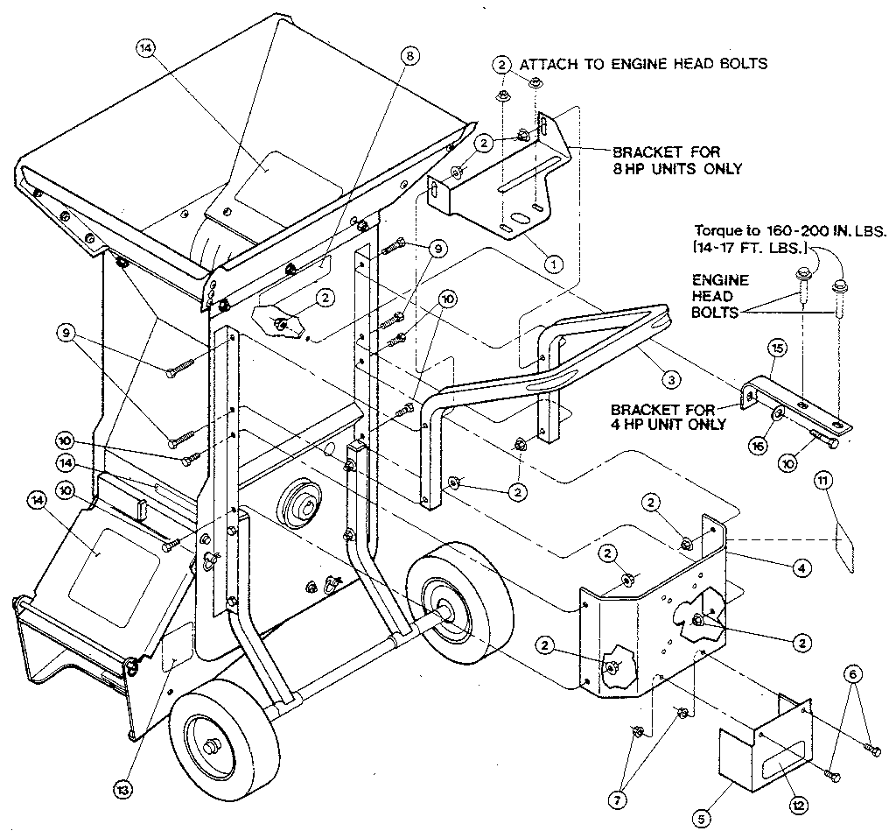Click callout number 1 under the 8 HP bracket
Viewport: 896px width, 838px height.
click(x=552, y=261)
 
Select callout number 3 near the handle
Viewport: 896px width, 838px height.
click(x=669, y=379)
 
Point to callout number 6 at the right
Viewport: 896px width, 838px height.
click(x=854, y=674)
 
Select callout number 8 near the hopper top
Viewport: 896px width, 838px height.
click(x=409, y=56)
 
